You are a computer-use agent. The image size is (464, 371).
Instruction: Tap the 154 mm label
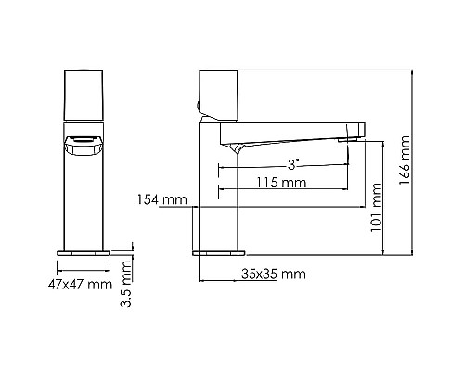[x=161, y=200]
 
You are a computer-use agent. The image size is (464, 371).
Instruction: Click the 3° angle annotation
[x=292, y=163]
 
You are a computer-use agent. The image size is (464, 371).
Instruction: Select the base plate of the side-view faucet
[x=219, y=251]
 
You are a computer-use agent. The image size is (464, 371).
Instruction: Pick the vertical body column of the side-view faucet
[x=219, y=195]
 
